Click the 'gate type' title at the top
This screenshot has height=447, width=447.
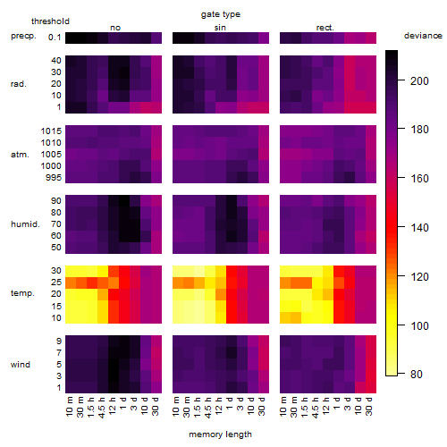coord(221,14)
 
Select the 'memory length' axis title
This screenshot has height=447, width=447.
coord(220,434)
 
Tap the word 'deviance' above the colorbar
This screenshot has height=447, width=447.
coord(423,36)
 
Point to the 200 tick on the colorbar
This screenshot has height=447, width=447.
coord(401,80)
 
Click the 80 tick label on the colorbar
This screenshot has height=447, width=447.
coord(417,375)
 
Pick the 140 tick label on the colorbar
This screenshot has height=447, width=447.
coord(419,228)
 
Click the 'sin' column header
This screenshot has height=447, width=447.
coord(220,28)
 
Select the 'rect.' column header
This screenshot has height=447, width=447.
coord(325,28)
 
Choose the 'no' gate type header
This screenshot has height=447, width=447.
coord(115,28)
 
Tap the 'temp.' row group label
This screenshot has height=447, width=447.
coord(22,293)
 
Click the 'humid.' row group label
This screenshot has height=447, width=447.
coord(25,223)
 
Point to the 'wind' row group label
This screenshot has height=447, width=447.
coord(21,365)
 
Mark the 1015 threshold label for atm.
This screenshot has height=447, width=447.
coord(51,131)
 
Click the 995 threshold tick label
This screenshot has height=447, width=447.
coord(54,178)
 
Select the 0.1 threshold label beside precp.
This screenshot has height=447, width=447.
coord(55,38)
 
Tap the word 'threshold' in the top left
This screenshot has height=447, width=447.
coord(50,21)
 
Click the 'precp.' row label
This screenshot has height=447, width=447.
coord(23,37)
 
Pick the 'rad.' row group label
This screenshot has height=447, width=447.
coord(19,84)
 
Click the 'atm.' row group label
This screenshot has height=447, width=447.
coord(20,155)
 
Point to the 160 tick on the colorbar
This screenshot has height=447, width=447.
coord(401,178)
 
